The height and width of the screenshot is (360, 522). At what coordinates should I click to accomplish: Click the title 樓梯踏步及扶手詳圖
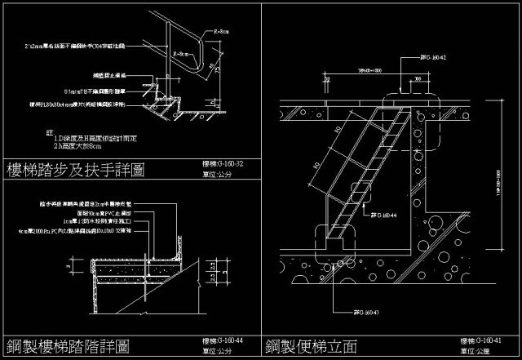coord(75,170)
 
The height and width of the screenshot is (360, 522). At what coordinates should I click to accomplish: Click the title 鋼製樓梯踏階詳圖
coord(68,346)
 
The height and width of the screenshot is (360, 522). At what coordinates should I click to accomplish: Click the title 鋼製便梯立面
coord(311,346)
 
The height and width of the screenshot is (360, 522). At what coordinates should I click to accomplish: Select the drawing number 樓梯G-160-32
coord(222,163)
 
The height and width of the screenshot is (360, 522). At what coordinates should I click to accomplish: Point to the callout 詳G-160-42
coord(432,58)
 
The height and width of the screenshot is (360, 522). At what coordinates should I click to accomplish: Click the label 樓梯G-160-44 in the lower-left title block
coord(222,340)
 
